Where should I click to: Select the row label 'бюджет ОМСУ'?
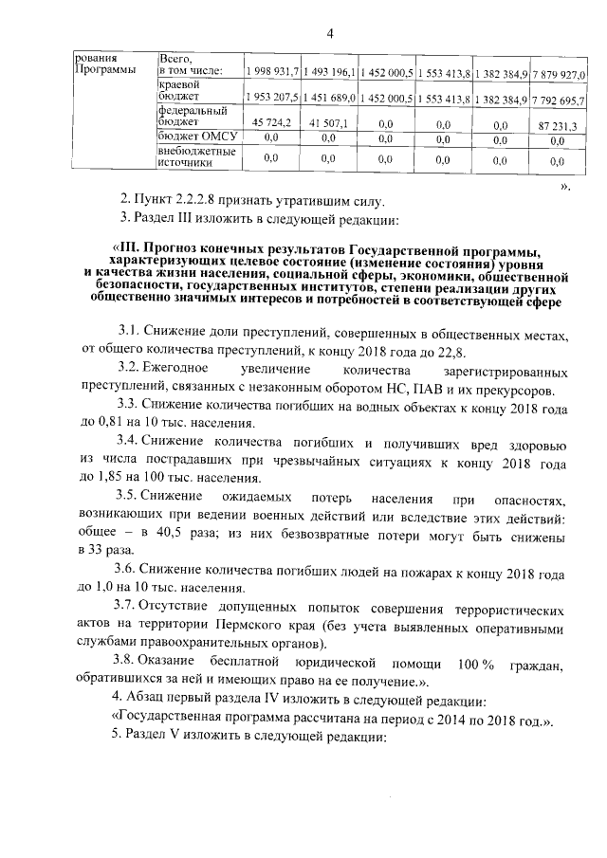click(x=195, y=137)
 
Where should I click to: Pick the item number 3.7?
click(x=125, y=606)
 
